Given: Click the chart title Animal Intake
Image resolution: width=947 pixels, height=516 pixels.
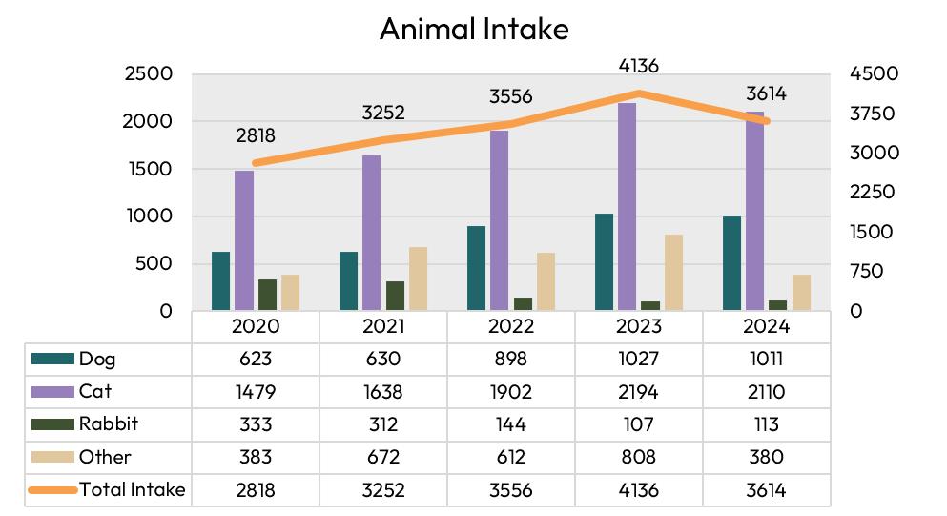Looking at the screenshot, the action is tap(474, 29).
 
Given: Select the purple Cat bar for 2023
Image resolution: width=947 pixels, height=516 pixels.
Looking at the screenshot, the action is tap(627, 207).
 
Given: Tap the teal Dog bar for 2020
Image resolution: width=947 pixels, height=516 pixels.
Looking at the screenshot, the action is tap(220, 281).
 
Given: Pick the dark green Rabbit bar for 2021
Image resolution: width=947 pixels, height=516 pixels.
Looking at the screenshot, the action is tap(396, 296).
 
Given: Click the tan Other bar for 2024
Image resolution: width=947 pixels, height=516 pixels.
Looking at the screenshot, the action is tap(801, 293).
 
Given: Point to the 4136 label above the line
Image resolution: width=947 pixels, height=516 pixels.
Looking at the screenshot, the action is tap(638, 65).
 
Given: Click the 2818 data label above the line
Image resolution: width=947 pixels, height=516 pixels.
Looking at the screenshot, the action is tap(256, 135).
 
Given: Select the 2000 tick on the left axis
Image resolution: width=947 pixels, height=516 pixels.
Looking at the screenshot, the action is tap(148, 121).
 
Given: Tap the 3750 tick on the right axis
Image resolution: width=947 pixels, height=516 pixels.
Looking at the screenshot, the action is tap(872, 113).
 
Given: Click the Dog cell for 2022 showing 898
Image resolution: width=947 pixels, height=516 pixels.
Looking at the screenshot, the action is tap(511, 359).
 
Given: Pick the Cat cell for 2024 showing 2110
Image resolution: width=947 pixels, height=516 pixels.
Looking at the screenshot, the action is tap(766, 392).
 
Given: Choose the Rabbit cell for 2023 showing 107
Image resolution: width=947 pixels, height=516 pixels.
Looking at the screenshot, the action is tap(638, 424).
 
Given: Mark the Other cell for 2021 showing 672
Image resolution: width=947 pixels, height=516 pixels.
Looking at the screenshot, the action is tap(383, 457).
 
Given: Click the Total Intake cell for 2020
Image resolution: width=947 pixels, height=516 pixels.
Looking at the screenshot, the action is tap(256, 489).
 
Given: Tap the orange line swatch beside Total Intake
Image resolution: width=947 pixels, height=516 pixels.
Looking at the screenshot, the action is tap(52, 490).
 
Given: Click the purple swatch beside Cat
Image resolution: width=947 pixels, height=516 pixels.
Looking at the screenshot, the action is tap(52, 392).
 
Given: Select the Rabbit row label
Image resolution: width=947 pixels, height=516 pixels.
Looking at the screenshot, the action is tap(109, 423).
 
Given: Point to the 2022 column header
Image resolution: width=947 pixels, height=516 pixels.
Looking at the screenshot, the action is tap(511, 326).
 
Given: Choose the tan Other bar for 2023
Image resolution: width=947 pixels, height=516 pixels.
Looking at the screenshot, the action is tap(673, 273).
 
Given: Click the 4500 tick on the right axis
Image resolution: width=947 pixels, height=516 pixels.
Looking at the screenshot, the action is tap(874, 73).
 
